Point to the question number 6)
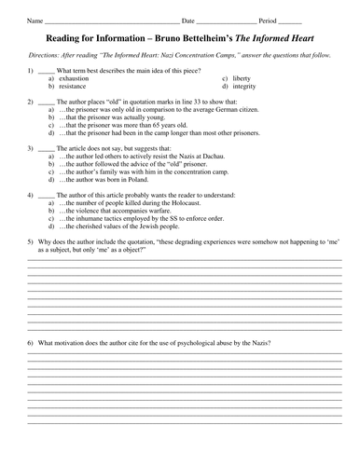tap(33, 345)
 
